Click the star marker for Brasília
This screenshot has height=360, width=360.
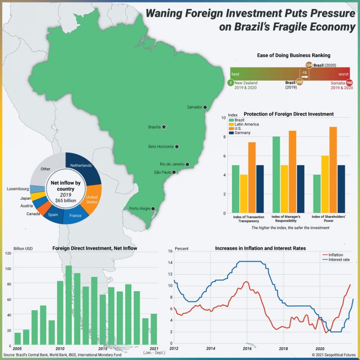164,127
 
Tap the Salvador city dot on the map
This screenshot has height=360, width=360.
205,107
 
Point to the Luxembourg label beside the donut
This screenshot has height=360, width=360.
18,189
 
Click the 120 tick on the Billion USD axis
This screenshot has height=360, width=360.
8,253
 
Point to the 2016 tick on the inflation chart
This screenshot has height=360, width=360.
247,349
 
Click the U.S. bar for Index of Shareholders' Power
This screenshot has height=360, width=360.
333,170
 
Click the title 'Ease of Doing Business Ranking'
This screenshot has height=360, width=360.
294,55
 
